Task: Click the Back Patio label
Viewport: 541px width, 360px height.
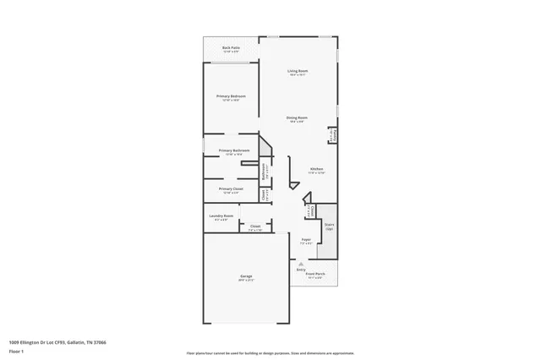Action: click(230, 48)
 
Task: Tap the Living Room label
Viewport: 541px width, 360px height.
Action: click(297, 71)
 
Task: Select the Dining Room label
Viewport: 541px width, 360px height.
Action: click(296, 117)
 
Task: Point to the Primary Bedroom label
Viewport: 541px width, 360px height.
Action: click(231, 96)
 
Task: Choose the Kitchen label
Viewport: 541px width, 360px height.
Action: click(316, 169)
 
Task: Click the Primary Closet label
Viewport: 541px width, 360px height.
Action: click(231, 188)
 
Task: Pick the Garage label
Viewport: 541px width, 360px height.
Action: click(246, 276)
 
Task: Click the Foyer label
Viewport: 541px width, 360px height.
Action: click(306, 240)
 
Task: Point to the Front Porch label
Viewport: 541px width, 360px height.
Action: click(315, 274)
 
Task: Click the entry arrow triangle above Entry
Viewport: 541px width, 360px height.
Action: click(301, 263)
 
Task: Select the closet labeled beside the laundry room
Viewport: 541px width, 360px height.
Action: click(254, 226)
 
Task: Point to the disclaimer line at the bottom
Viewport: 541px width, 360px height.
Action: click(270, 354)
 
